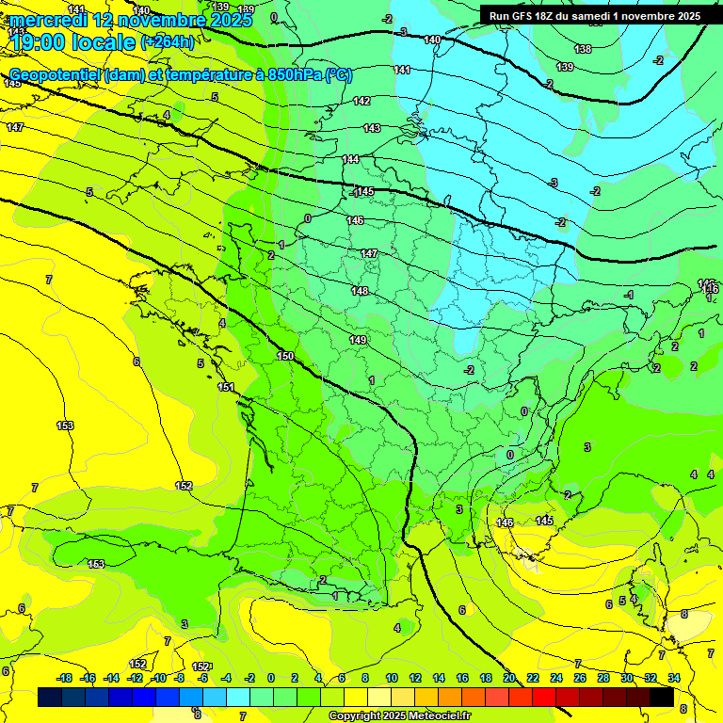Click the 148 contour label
360,291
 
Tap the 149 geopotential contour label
358,340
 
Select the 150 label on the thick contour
285,356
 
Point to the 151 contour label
226,387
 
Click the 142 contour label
361,101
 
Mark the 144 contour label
351,159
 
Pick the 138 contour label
583,49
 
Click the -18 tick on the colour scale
65,678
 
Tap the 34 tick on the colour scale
673,678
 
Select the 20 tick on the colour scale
509,678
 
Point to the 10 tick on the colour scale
392,678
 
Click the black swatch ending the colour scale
662,697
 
